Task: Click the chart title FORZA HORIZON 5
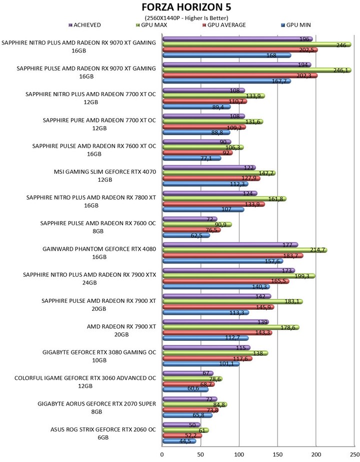coord(186,7)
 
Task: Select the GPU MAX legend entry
coord(151,25)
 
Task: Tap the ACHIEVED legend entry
coord(84,25)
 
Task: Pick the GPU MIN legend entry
coord(296,25)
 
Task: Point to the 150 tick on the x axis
coord(277,454)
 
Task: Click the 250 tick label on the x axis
coord(354,454)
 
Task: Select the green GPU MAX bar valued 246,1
coord(257,70)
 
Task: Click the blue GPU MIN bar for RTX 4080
coord(223,261)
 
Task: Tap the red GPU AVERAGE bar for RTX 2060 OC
coord(182,436)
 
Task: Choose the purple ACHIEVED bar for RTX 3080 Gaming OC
coord(206,348)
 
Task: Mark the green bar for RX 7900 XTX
coord(238,276)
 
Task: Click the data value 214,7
coord(317,250)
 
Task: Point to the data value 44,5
coord(185,441)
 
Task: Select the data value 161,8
coord(275,199)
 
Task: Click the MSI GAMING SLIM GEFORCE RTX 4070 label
coord(105,176)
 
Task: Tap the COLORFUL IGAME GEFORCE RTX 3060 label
coord(85,382)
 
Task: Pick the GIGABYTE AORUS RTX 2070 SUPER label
coord(96,408)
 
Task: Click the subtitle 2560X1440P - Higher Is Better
coord(186,18)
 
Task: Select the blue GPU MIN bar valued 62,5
coord(186,235)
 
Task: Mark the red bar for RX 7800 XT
coord(213,204)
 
